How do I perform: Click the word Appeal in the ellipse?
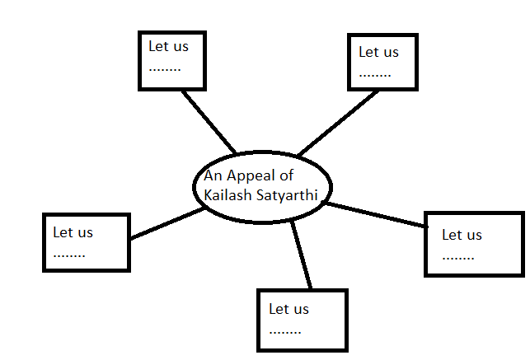pyautogui.click(x=251, y=175)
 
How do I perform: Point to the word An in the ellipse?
pyautogui.click(x=213, y=175)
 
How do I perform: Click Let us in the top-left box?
pyautogui.click(x=168, y=46)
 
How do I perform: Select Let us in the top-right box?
pyautogui.click(x=378, y=52)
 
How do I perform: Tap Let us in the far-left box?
pyautogui.click(x=73, y=232)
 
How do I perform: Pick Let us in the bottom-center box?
pyautogui.click(x=288, y=309)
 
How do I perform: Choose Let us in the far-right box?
pyautogui.click(x=462, y=235)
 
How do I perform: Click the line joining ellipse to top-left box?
pyautogui.click(x=209, y=122)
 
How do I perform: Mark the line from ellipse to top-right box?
pyautogui.click(x=338, y=122)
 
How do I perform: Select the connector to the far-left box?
pyautogui.click(x=167, y=223)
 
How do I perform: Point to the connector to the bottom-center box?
pyautogui.click(x=301, y=255)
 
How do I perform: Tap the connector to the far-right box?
pyautogui.click(x=375, y=214)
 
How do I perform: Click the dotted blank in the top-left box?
pyautogui.click(x=165, y=68)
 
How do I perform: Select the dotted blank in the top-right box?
pyautogui.click(x=375, y=73)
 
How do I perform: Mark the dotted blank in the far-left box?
pyautogui.click(x=69, y=254)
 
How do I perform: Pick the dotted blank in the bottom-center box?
pyautogui.click(x=284, y=330)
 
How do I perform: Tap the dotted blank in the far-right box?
pyautogui.click(x=458, y=256)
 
